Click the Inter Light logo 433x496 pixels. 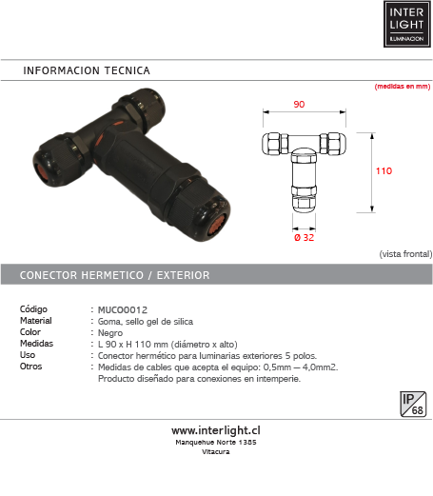coord(407,24)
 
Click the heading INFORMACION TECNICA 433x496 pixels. coord(87,70)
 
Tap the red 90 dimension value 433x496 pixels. coord(299,105)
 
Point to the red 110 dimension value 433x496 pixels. coord(384,171)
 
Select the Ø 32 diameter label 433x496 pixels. coord(305,237)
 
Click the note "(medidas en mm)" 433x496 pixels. coord(403,87)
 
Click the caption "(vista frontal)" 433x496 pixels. coord(405,254)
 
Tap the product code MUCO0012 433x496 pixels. coord(123,309)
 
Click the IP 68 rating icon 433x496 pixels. coord(413,404)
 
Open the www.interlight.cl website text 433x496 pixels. coord(216,430)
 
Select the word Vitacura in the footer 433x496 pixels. coord(216,451)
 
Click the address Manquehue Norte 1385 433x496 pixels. coord(216,442)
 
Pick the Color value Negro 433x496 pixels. coord(110,333)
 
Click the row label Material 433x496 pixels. coord(36,321)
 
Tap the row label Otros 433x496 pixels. coord(31,367)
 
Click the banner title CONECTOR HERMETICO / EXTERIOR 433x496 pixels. coord(115,275)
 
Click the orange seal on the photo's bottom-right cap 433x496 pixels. coord(217,224)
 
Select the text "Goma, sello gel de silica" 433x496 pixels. coord(146,322)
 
